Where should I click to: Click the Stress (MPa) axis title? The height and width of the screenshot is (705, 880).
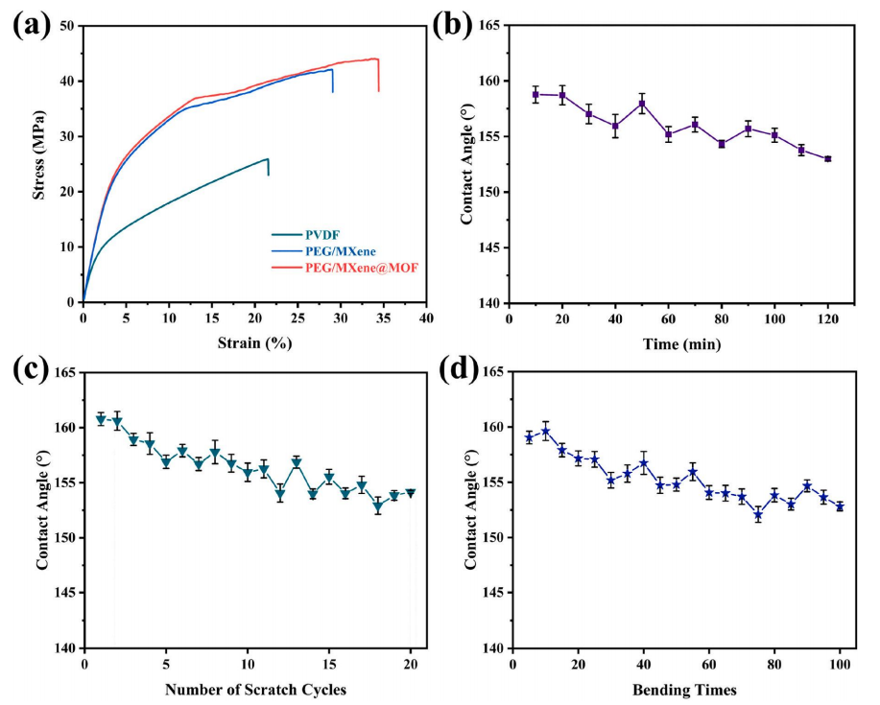tap(40, 163)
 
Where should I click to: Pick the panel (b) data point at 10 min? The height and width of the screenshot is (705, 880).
tap(535, 94)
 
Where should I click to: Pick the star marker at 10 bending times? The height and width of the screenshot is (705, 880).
tap(546, 432)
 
